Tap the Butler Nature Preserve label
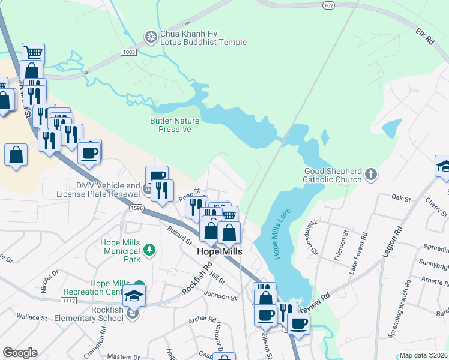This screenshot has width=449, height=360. pos(174,125)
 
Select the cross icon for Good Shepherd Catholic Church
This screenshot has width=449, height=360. pos(372,175)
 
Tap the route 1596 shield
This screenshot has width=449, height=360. pos(136,208)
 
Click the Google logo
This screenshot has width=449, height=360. pos(20,352)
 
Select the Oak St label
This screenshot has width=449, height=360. pos(400,197)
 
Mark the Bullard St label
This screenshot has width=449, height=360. pos(179,235)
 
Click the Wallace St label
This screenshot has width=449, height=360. pos(31,317)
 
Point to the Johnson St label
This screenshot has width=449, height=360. pos(221,296)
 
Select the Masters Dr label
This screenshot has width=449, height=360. pos(119,356)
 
